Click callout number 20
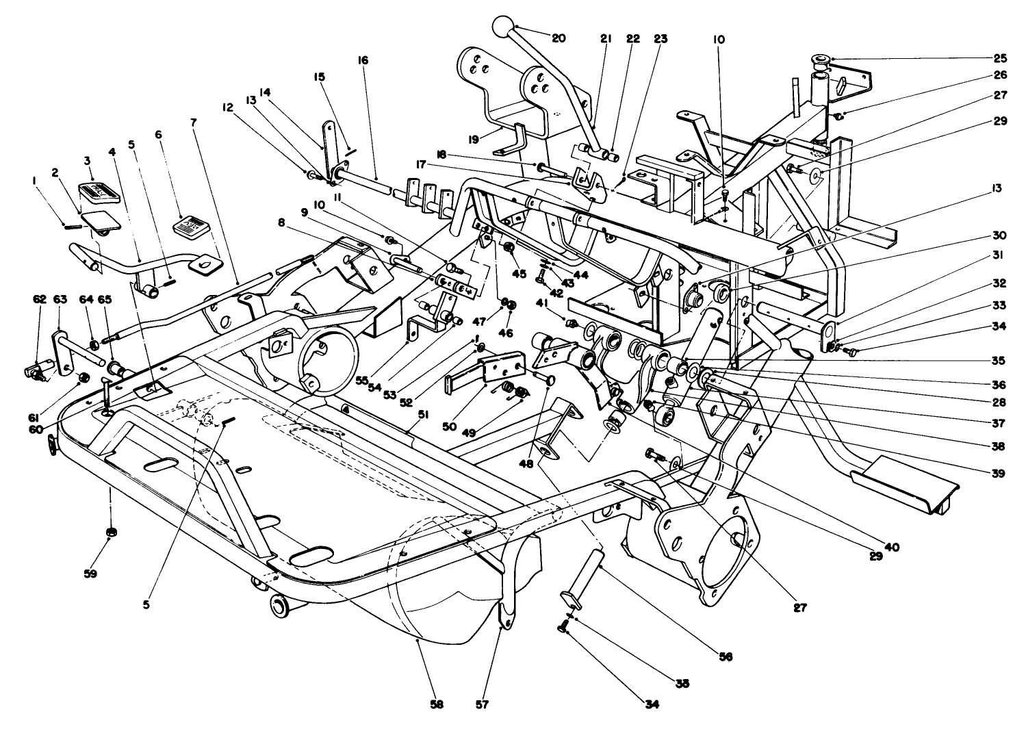tap(559, 38)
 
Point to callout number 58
tap(437, 705)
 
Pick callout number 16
tap(362, 60)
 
